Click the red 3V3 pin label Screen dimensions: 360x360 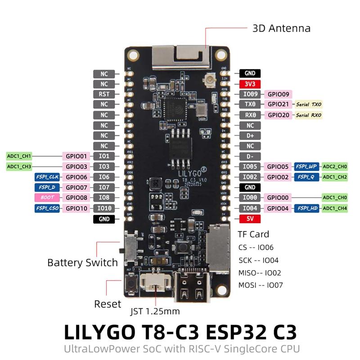pyautogui.click(x=250, y=84)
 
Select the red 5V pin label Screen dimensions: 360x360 pyautogui.click(x=250, y=219)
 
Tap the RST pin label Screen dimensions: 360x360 pyautogui.click(x=104, y=94)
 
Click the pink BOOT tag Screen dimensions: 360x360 pyautogui.click(x=47, y=198)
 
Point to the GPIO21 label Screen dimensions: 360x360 pyautogui.click(x=278, y=104)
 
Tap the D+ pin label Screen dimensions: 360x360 pyautogui.click(x=250, y=135)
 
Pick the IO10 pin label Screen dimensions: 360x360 pyautogui.click(x=104, y=208)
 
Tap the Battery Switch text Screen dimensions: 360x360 pyautogui.click(x=82, y=262)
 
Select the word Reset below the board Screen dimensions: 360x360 pyautogui.click(x=108, y=304)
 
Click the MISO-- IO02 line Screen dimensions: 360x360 pyautogui.click(x=261, y=272)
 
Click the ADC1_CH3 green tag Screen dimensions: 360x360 pyautogui.click(x=19, y=166)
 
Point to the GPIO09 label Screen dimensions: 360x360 pyautogui.click(x=278, y=94)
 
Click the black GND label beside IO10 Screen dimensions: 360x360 pyautogui.click(x=104, y=219)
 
